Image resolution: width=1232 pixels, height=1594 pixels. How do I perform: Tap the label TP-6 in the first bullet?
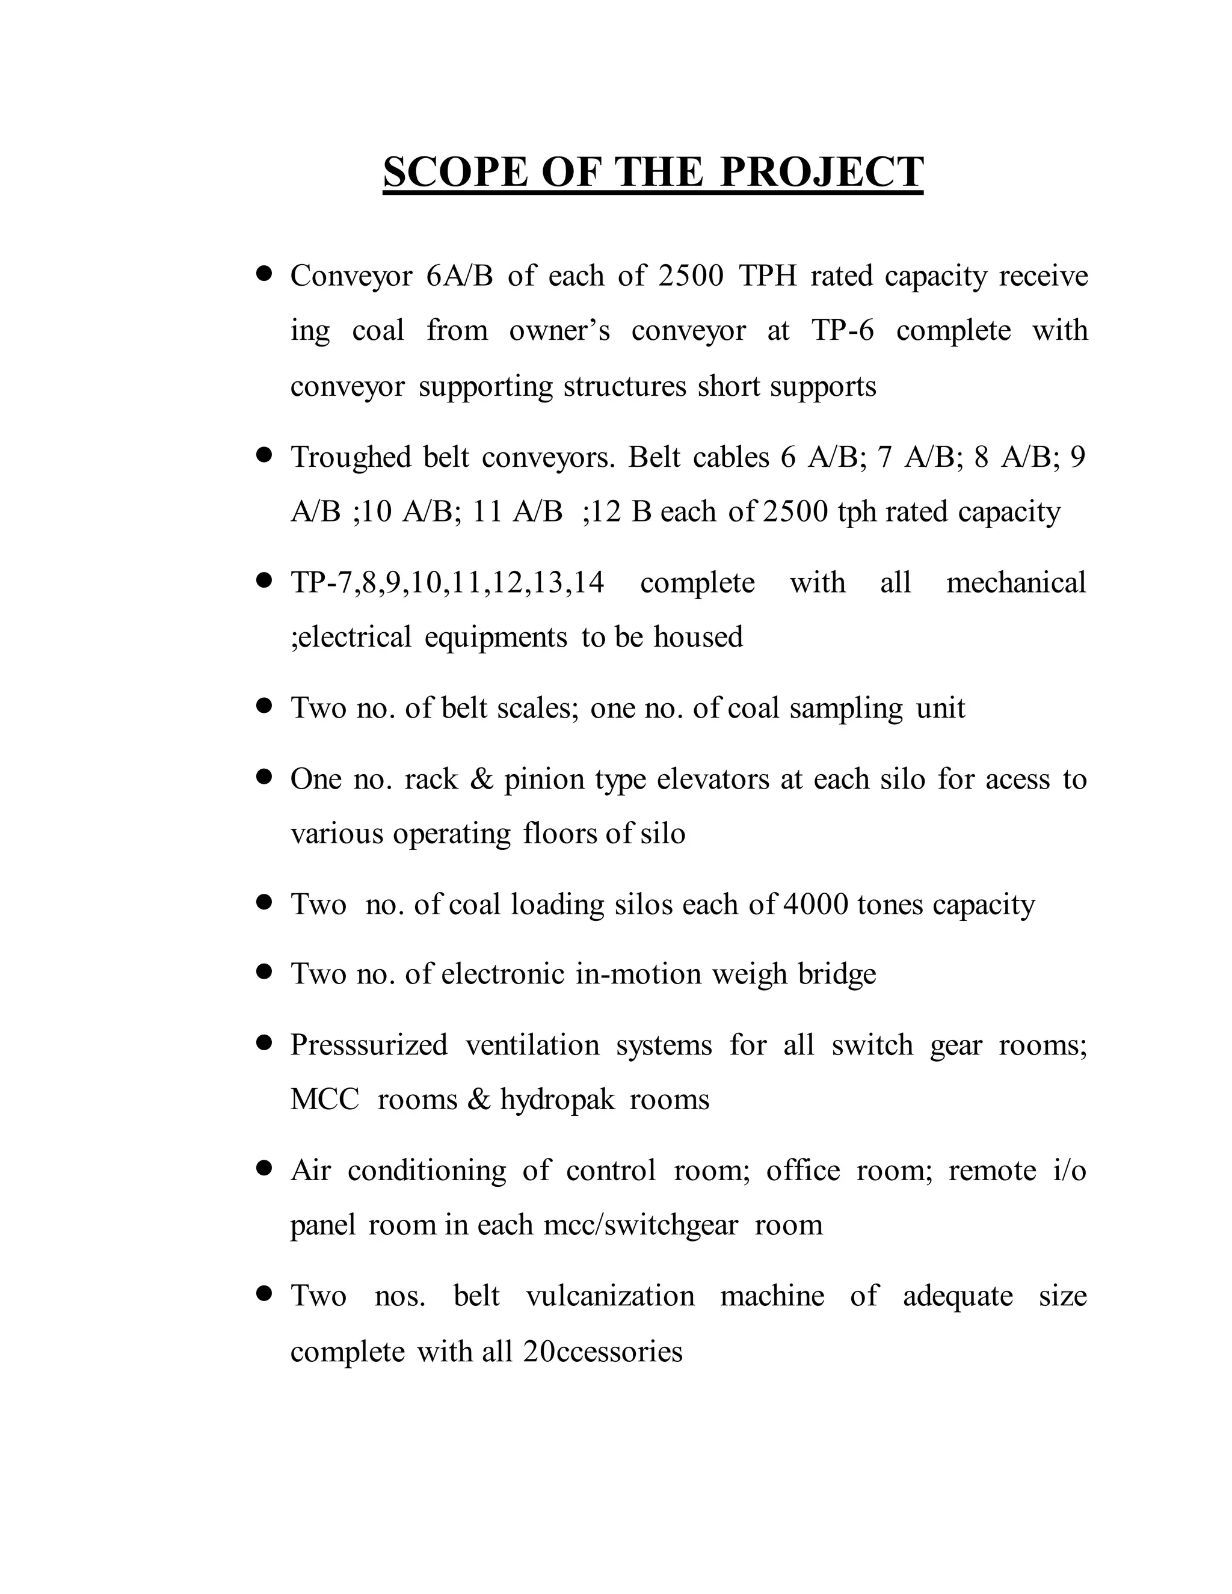point(842,331)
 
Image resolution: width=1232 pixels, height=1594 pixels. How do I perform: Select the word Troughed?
point(352,458)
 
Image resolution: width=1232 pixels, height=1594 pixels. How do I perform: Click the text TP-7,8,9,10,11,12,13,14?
point(448,583)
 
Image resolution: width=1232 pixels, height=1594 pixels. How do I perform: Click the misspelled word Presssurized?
point(369,1045)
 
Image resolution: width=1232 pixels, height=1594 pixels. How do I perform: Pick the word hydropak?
point(558,1100)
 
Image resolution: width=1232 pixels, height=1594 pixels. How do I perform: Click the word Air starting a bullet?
point(311,1171)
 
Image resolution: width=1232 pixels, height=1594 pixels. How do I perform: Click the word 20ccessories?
point(603,1352)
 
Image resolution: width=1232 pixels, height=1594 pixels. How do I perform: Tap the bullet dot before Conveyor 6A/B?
point(264,274)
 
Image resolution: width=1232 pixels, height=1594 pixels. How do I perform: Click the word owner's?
point(559,331)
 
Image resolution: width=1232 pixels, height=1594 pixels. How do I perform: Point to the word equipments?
point(496,637)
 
